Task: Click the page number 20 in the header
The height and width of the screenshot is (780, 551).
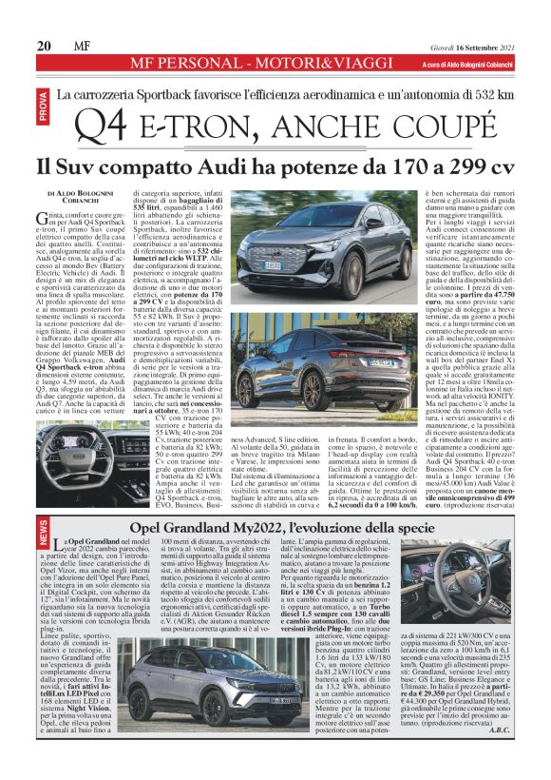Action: point(44,46)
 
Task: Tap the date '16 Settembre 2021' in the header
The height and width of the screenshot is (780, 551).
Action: point(493,46)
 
